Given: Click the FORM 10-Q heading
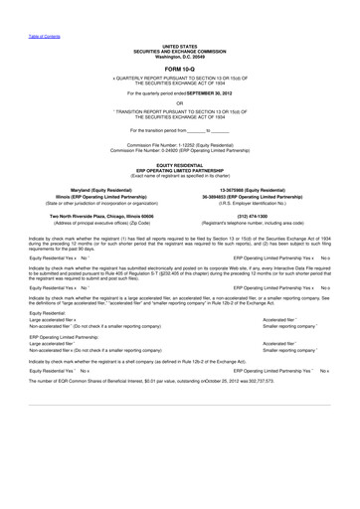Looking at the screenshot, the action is [x=179, y=67].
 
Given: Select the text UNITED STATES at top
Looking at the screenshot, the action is [x=179, y=46].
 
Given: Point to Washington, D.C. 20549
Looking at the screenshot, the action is [x=179, y=55].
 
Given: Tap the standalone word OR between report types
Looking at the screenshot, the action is [x=179, y=102].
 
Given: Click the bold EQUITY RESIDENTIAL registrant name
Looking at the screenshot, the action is [x=179, y=163].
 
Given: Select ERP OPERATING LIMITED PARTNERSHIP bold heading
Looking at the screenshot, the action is [x=179, y=168].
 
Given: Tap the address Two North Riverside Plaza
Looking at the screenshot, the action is [x=70, y=216].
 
